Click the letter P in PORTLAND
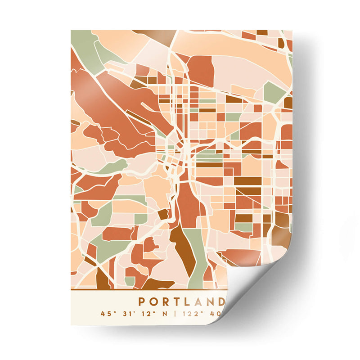click(141, 301)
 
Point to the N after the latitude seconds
click(163, 313)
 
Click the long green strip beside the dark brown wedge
click(195, 256)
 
